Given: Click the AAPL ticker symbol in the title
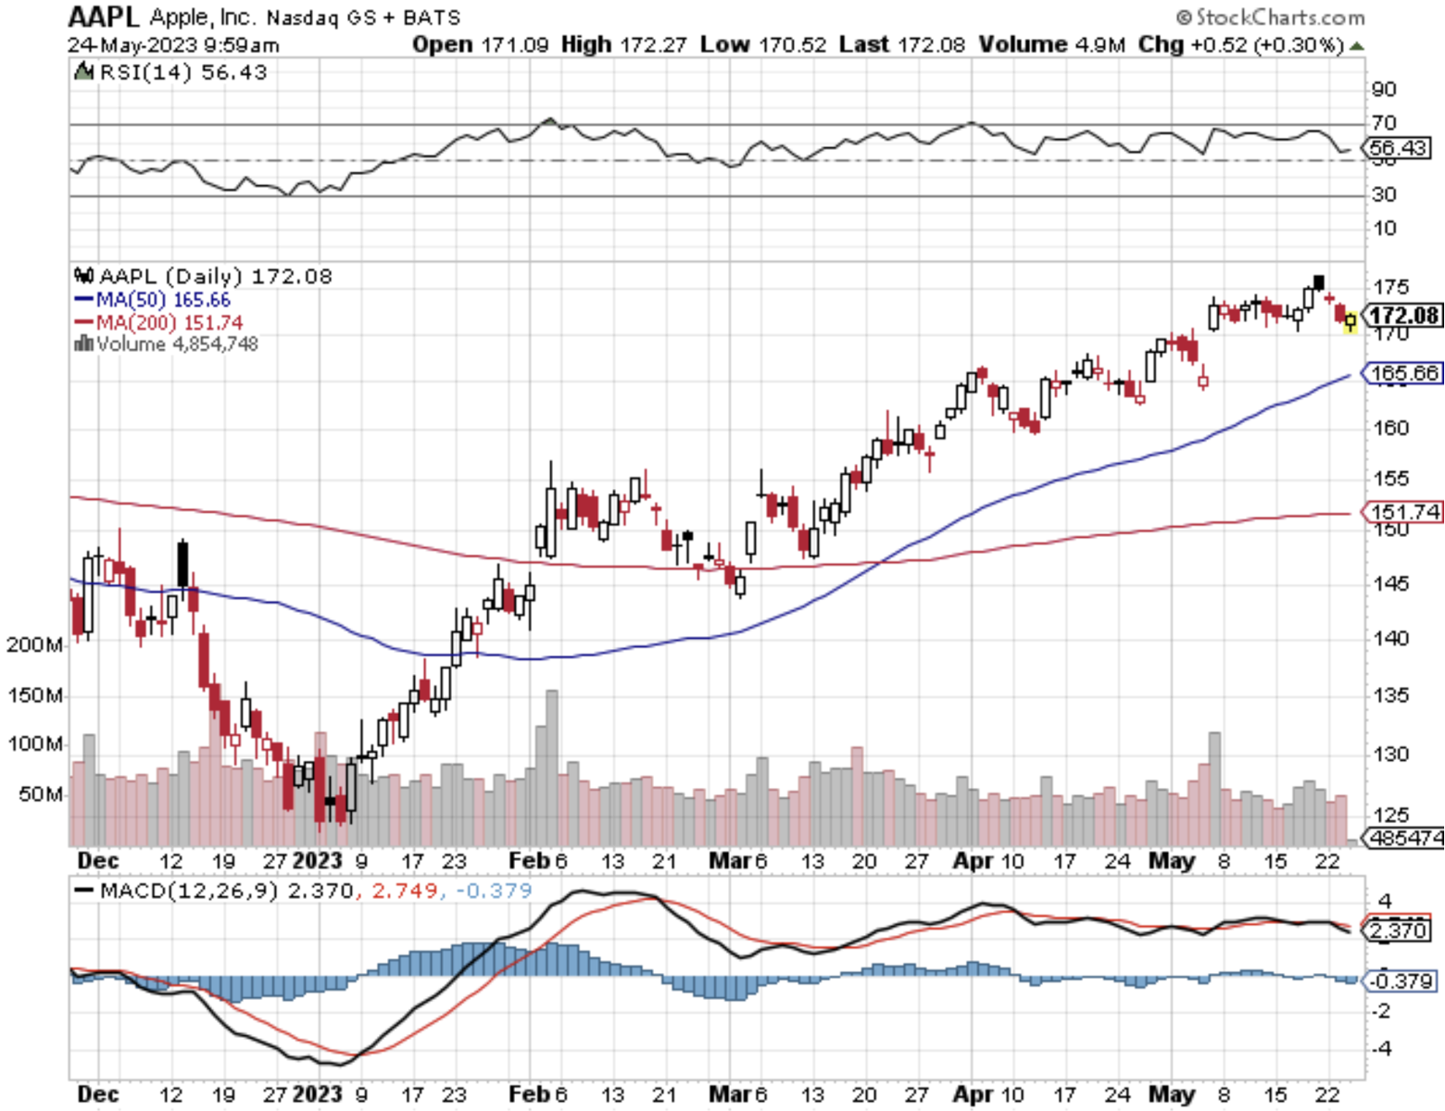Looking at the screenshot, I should coord(103,17).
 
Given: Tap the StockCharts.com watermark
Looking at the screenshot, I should coord(1271,17).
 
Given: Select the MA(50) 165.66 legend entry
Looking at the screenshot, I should coord(152,300).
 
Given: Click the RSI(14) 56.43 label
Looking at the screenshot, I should coord(172,72).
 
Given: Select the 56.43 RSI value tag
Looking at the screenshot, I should coord(1398,147).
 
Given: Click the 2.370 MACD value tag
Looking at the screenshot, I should coord(1397,930).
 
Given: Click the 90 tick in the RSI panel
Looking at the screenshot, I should coord(1384,89).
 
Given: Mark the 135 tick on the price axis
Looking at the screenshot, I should coord(1390,694).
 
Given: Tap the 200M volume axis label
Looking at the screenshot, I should coord(34,644).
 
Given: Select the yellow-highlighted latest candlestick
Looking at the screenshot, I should coord(1351,321).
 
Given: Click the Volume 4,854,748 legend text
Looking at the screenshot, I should coord(167,344).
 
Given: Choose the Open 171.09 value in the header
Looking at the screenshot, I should coord(480,44).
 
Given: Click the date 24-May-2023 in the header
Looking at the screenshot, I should coord(132,44).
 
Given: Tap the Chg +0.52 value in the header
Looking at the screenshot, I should coord(1240,44).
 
